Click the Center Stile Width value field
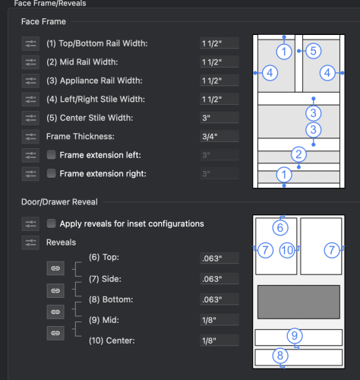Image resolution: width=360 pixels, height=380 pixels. [x=219, y=118]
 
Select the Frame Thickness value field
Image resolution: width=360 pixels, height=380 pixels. [x=219, y=137]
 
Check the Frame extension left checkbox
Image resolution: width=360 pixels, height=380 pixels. [x=51, y=155]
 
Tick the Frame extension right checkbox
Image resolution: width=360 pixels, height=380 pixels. [x=51, y=173]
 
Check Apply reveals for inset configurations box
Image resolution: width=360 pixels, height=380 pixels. [x=51, y=223]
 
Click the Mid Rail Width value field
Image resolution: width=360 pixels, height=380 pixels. [x=219, y=62]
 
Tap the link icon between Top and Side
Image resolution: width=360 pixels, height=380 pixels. [x=55, y=268]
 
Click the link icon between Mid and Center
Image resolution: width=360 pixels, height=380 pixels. [x=55, y=333]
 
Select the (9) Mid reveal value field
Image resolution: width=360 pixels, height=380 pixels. [x=219, y=320]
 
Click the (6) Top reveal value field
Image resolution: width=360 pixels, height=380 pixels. [x=219, y=258]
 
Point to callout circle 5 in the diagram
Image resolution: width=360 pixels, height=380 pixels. [x=314, y=51]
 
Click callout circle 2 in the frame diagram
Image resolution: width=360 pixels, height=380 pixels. [x=298, y=154]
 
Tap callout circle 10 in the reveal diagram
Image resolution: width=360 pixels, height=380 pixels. [x=287, y=250]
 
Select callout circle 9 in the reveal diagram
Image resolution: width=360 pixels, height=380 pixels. [x=295, y=336]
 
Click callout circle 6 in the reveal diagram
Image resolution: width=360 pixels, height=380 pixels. [x=280, y=227]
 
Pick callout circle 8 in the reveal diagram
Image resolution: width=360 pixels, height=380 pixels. [x=280, y=356]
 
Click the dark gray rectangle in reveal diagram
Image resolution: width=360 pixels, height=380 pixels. [x=298, y=302]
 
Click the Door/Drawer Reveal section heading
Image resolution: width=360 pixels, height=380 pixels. [x=59, y=202]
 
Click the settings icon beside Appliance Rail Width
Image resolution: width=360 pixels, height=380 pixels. [x=30, y=81]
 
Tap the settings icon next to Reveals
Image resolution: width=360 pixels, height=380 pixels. [x=30, y=242]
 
